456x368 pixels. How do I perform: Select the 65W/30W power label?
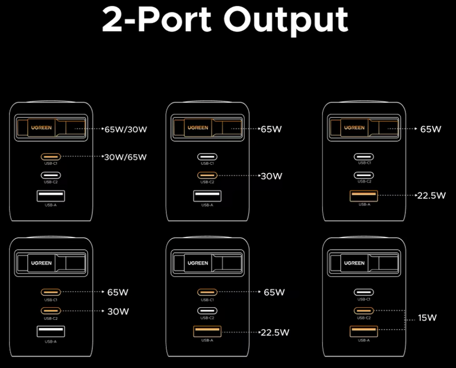click(126, 129)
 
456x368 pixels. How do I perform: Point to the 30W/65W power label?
click(126, 157)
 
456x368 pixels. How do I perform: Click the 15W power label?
click(427, 318)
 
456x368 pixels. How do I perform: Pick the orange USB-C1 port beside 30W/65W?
click(51, 156)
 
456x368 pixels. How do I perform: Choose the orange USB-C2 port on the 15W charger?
click(364, 311)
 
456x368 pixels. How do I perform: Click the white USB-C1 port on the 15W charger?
click(364, 292)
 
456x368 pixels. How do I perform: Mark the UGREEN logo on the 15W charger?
click(354, 263)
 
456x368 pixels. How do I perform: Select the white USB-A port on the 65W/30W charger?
click(51, 196)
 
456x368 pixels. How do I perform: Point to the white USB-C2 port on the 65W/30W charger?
click(51, 175)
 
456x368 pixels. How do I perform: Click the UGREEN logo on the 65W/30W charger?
click(41, 127)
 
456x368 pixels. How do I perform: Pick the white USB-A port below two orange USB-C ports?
click(51, 331)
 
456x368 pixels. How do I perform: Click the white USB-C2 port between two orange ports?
click(207, 311)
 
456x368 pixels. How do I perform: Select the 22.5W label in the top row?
click(432, 196)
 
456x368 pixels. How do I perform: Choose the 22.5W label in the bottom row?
click(275, 332)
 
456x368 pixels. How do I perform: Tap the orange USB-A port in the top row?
click(364, 196)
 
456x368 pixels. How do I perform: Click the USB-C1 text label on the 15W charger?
click(364, 299)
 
